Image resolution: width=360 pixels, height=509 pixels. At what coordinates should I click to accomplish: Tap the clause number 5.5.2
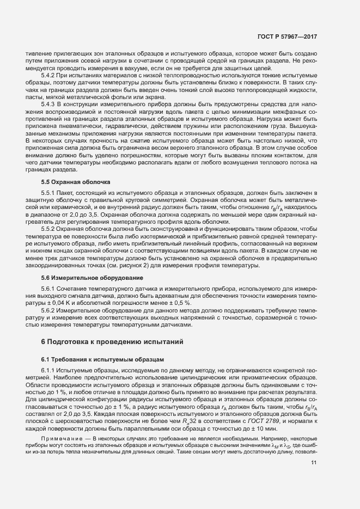coord(49,229)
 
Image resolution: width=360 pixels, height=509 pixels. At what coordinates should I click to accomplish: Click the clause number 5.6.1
coord(49,287)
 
